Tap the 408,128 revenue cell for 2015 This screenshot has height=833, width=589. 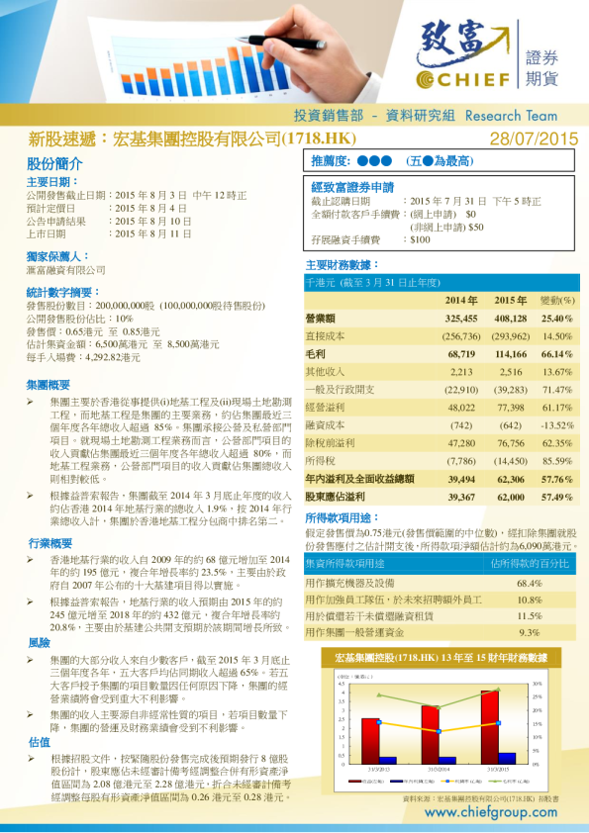pos(510,319)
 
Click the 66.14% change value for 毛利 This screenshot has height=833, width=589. pos(557,353)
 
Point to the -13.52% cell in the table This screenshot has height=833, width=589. pos(557,424)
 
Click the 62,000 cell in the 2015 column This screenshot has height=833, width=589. pos(511,496)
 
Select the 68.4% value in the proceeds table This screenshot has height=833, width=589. pos(530,583)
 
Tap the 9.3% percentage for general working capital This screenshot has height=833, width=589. pos(530,632)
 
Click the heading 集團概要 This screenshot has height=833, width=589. pos(49,384)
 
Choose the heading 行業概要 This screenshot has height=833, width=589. pos(49,543)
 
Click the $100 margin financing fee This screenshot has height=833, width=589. pos(420,239)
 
